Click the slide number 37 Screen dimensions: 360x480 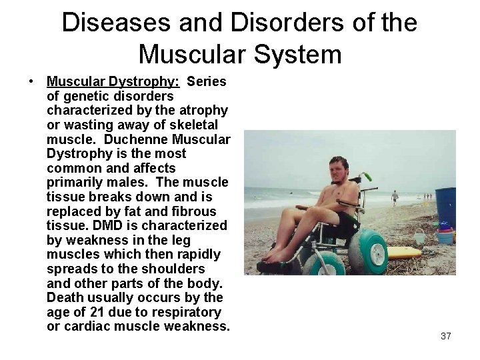coord(446,336)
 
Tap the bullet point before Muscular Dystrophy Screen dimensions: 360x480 coord(31,82)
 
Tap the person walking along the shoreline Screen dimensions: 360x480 coord(395,197)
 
